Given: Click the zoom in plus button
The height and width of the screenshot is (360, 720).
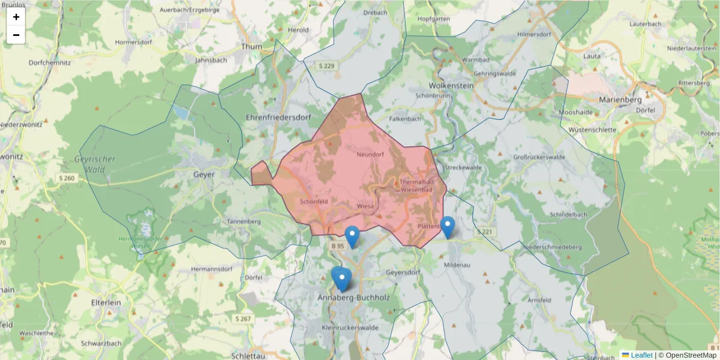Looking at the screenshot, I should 16,17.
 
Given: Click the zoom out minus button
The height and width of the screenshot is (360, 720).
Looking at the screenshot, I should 16,35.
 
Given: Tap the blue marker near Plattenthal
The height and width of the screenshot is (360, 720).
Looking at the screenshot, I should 448,227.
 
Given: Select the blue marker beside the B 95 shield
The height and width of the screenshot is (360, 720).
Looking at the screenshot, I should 352,236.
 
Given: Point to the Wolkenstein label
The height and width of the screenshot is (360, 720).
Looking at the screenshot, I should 451,86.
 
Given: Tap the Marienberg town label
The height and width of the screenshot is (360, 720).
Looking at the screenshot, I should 620,100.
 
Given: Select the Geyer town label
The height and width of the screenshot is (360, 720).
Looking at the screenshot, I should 204,175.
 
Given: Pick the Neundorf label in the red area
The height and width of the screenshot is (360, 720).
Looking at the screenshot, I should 370,154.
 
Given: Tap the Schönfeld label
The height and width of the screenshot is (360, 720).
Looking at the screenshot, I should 314,202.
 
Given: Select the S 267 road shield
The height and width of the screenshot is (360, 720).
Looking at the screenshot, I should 243,319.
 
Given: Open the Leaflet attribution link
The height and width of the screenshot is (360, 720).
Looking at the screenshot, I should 641,355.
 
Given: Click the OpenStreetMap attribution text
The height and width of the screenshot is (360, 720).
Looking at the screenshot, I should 687,355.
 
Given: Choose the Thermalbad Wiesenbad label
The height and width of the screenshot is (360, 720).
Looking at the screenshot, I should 416,186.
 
